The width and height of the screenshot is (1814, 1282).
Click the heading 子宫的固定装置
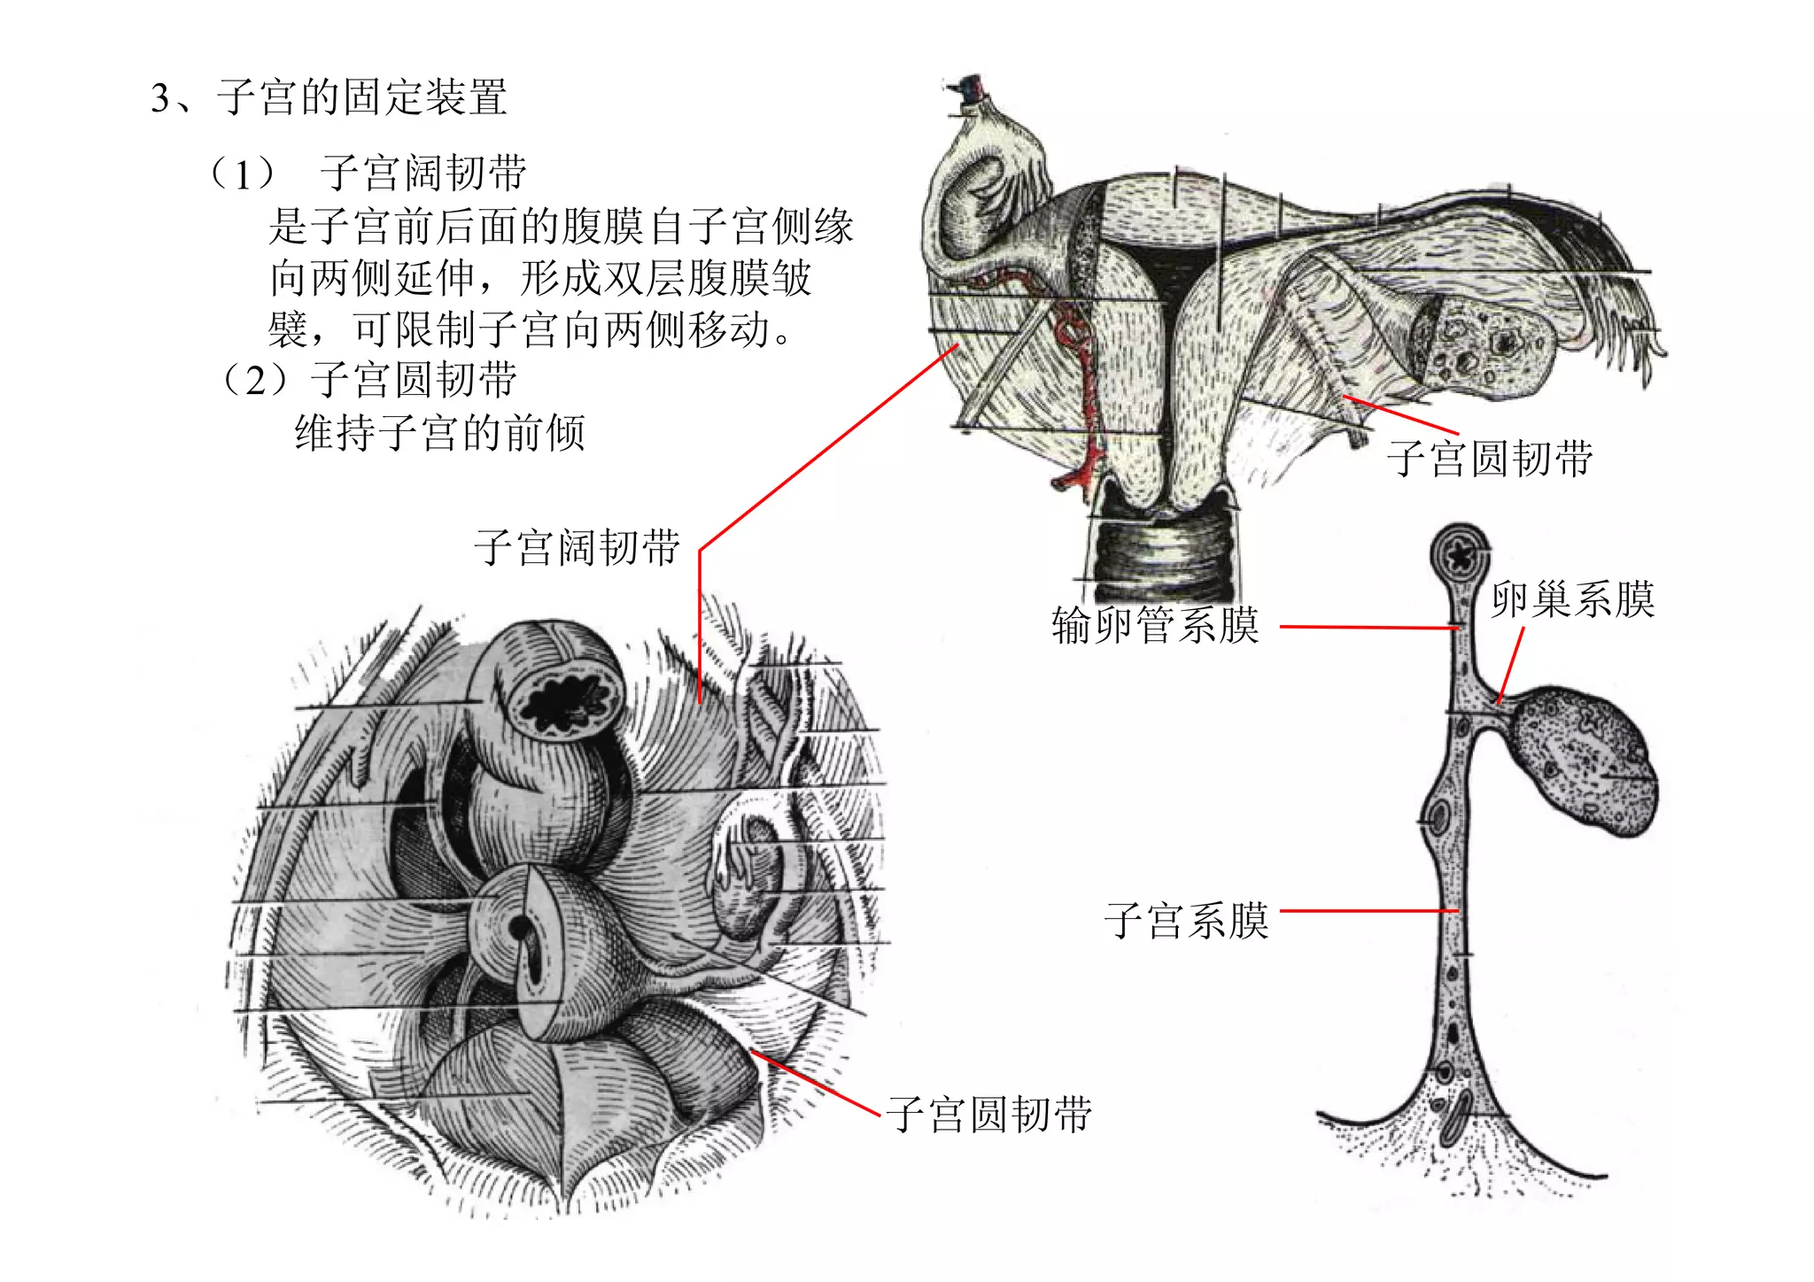(x=362, y=97)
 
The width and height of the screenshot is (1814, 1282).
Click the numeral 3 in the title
(x=160, y=98)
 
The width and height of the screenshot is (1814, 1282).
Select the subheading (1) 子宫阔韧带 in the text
(x=368, y=173)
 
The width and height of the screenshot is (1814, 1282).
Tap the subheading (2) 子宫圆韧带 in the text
(x=368, y=381)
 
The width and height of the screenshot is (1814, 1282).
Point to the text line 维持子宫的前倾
(x=440, y=433)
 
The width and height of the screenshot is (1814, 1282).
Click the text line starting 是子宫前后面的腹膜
(x=561, y=226)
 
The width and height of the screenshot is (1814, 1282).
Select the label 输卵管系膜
(x=1155, y=625)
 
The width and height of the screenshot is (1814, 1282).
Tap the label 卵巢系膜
(x=1572, y=599)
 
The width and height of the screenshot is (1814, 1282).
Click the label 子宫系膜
(x=1186, y=921)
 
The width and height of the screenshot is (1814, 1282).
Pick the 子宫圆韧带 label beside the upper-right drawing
(x=1490, y=459)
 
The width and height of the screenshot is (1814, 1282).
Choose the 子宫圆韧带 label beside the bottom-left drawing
(x=988, y=1114)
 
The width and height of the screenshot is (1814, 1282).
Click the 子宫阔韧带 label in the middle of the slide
(x=577, y=547)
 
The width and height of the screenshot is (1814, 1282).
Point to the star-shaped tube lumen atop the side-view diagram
(x=1458, y=555)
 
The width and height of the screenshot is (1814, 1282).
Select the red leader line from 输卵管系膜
(x=1368, y=627)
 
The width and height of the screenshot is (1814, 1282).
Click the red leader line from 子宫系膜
(x=1368, y=910)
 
